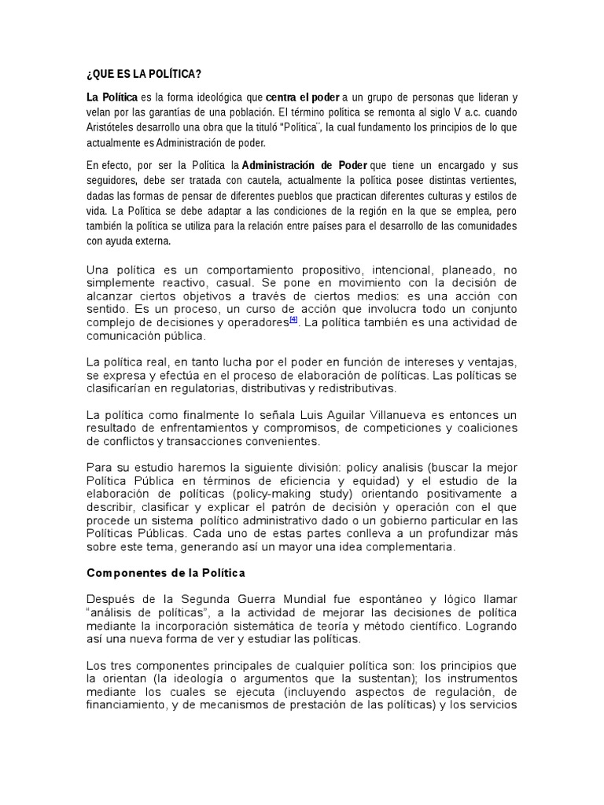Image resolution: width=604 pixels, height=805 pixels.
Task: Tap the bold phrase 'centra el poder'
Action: click(x=303, y=97)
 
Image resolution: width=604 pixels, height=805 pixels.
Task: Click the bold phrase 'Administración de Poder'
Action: click(x=299, y=166)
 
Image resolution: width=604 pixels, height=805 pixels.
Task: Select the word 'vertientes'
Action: click(x=486, y=181)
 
